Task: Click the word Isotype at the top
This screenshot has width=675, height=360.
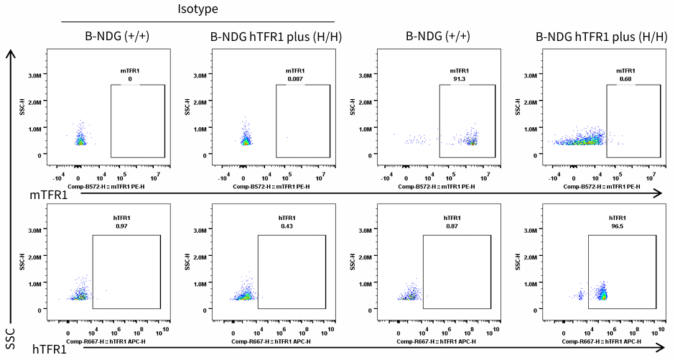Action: point(197,9)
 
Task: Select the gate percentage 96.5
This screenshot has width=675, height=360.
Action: point(615,226)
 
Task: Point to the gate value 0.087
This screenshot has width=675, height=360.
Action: point(294,79)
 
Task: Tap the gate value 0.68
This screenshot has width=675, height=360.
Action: point(625,79)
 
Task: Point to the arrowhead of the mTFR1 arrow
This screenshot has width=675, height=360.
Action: point(658,194)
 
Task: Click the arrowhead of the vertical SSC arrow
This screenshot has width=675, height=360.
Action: point(9,53)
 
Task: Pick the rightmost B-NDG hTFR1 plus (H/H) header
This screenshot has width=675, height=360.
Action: point(600,37)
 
